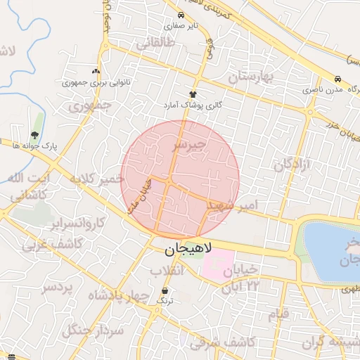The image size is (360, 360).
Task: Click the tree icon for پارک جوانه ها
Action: point(34,136)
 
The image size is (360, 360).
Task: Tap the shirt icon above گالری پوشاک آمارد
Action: point(193,94)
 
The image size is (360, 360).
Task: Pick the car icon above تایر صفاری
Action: point(181,15)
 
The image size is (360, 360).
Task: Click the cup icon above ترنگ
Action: point(165,290)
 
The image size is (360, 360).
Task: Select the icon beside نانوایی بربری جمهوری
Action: point(96,71)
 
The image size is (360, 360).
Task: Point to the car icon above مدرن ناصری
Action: point(338,79)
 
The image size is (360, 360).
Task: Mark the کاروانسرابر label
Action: point(77,224)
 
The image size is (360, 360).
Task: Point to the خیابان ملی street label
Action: point(138,195)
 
